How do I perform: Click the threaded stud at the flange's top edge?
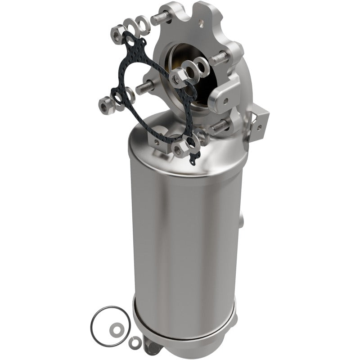(162, 19)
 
